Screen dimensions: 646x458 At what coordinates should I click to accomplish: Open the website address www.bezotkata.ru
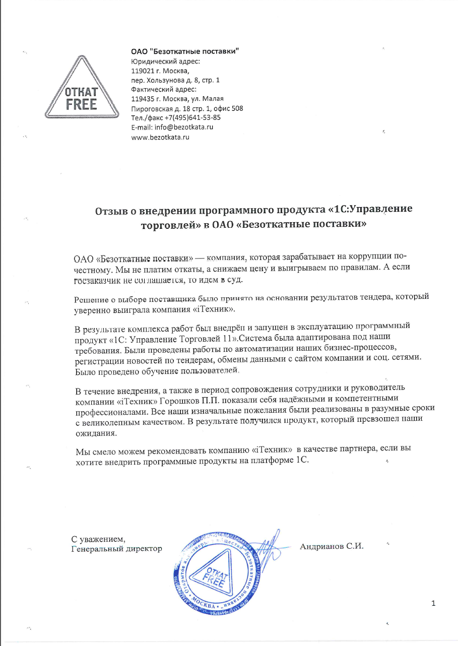point(160,137)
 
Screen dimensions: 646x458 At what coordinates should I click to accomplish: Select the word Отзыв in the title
point(112,210)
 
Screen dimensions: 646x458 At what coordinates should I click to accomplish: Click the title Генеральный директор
point(116,548)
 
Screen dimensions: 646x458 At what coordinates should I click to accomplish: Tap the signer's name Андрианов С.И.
point(332,546)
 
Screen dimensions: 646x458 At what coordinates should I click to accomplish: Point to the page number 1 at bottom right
point(433,603)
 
